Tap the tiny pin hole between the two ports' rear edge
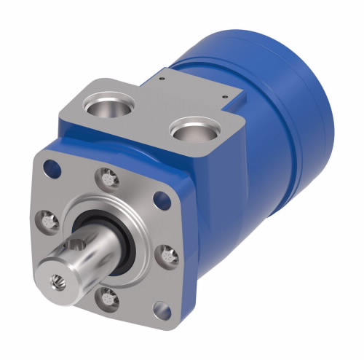tap(164, 74)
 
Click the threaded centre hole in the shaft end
tap(55, 278)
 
